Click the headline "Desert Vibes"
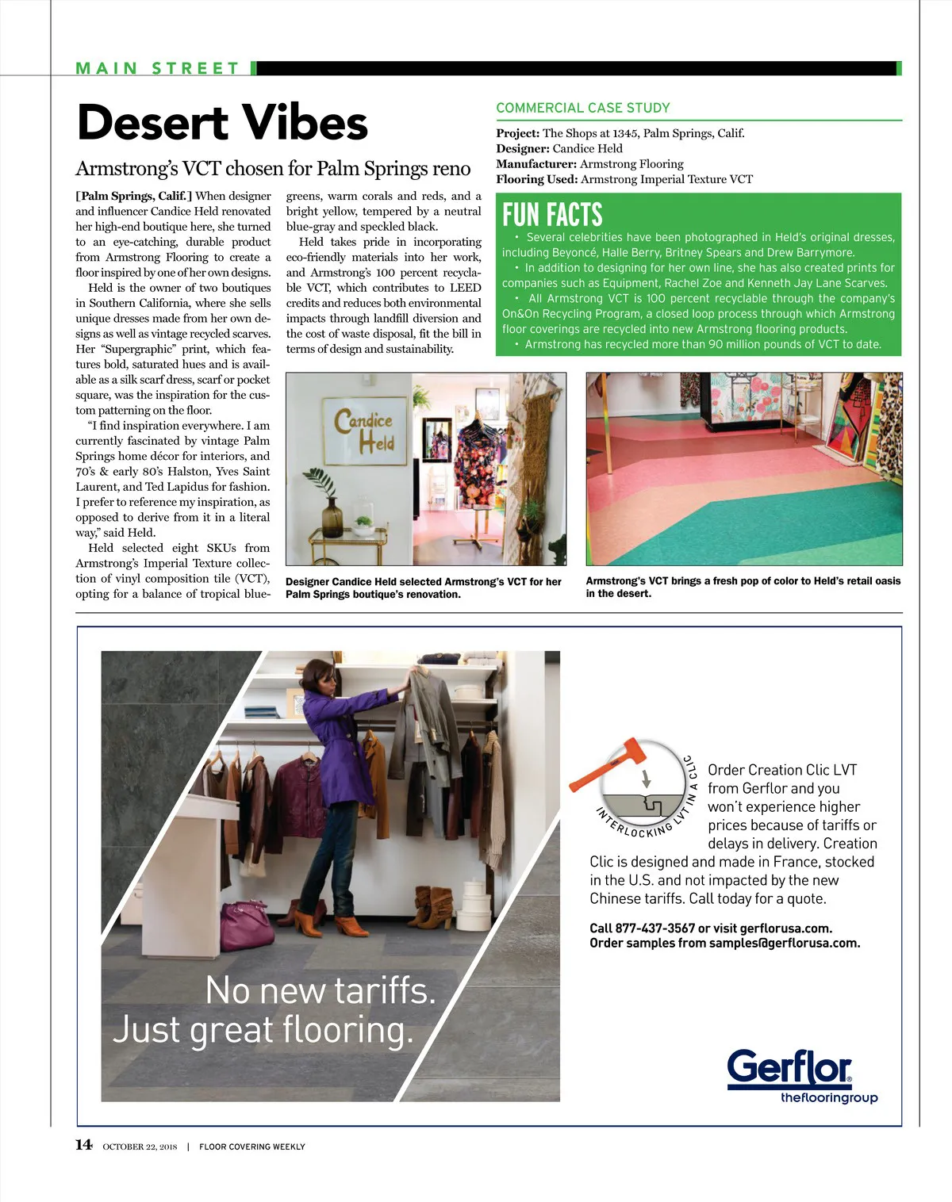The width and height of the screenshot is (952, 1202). [x=222, y=124]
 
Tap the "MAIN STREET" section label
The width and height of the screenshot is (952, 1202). [x=157, y=68]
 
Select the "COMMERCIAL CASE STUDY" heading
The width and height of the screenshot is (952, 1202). [x=582, y=108]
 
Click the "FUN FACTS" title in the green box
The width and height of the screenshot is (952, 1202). [x=552, y=215]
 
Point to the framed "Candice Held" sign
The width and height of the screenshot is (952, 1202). [x=364, y=431]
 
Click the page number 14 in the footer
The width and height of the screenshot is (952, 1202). [x=83, y=1144]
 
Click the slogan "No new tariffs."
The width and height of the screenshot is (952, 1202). [x=321, y=990]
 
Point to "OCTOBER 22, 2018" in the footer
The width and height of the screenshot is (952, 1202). [x=140, y=1146]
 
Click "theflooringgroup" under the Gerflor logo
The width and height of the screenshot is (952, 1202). [x=829, y=1098]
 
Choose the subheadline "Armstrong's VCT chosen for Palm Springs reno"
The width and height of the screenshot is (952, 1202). [x=273, y=169]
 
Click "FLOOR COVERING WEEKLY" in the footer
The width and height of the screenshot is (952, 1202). [x=251, y=1146]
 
